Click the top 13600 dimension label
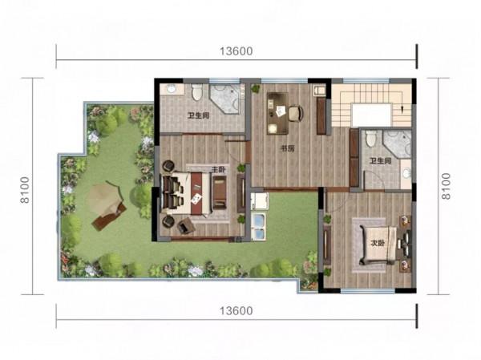(x=236, y=51)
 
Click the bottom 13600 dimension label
(x=236, y=311)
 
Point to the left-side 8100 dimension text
(x=25, y=190)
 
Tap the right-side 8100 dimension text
(x=446, y=186)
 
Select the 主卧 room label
(x=219, y=169)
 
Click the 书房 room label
(x=288, y=149)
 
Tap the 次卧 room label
(x=378, y=243)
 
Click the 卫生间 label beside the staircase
(x=380, y=161)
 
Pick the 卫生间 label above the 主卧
(x=199, y=115)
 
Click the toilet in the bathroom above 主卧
(x=196, y=91)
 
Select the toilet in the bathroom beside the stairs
(x=371, y=139)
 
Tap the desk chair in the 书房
(x=296, y=113)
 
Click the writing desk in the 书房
(x=277, y=113)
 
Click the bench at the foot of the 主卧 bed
(x=220, y=192)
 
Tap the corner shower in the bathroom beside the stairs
(x=397, y=144)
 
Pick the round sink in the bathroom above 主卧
(x=172, y=89)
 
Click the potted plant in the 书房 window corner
(x=255, y=89)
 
